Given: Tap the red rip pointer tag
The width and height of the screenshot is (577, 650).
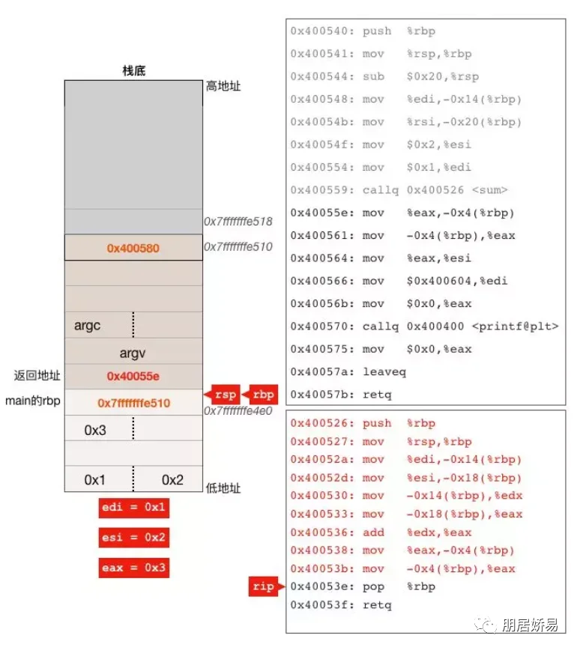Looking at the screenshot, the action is [266, 586].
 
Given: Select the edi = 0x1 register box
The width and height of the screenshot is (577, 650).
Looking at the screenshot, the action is [134, 508].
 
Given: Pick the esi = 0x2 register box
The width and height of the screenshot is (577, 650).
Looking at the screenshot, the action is [134, 538].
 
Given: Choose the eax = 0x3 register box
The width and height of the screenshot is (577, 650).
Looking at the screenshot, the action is [134, 568].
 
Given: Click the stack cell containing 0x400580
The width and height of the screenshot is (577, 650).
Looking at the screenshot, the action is [133, 247].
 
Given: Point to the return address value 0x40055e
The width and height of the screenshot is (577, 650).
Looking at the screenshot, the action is [133, 377].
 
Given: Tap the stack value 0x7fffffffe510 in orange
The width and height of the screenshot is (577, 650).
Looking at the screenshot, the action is [134, 403].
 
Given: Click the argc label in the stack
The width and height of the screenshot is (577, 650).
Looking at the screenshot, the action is [87, 326].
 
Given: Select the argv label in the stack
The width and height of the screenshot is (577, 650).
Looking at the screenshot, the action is [133, 353].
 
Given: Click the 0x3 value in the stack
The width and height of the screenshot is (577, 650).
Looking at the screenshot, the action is [95, 431].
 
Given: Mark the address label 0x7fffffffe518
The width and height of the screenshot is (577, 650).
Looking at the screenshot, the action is [238, 222].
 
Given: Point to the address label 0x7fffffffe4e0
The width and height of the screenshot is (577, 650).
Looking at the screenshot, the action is [238, 411].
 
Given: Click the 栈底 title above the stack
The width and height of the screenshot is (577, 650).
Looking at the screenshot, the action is [134, 70].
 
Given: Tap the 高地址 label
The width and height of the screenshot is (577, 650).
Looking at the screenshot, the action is [223, 86].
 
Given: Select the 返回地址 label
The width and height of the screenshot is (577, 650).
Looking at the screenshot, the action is [37, 376].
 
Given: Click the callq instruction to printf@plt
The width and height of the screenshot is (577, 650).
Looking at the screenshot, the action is [424, 326].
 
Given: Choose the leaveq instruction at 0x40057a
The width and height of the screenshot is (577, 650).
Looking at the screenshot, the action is [348, 372].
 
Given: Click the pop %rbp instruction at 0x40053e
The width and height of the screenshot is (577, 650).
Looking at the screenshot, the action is [363, 586].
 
